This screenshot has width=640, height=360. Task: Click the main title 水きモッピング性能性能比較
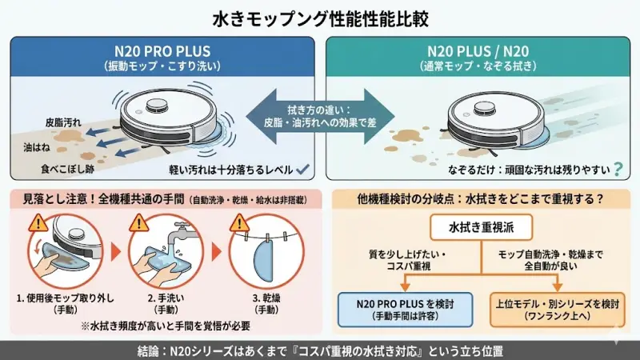tap(320, 17)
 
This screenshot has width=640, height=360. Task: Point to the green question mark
tap(618, 169)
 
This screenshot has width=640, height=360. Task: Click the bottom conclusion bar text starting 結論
tap(320, 350)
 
